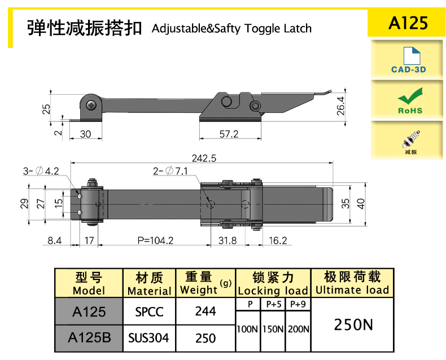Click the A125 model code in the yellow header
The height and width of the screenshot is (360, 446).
tap(408, 23)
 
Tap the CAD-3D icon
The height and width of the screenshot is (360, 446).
tap(408, 60)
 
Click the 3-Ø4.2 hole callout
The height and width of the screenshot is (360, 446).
tap(41, 170)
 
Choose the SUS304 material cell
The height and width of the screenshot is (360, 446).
tap(148, 338)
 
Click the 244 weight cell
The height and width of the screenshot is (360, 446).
tap(205, 311)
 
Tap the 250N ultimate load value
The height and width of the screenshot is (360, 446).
tap(353, 324)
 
